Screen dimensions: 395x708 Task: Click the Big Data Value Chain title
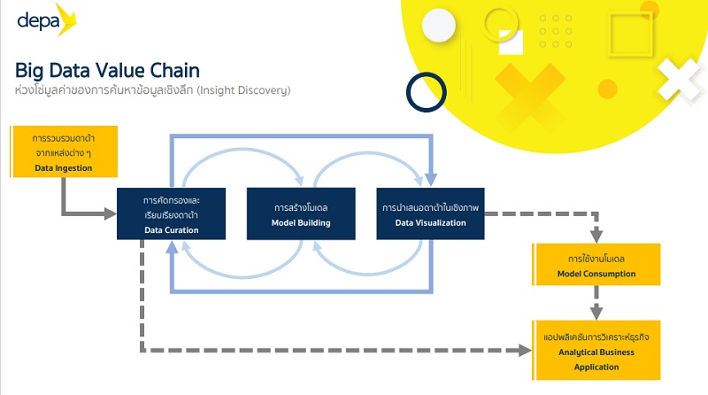coord(107,71)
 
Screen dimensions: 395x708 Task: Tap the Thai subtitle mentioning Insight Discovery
coord(152,90)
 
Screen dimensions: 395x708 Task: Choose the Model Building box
coord(301,213)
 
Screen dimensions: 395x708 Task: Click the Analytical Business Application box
coord(596,352)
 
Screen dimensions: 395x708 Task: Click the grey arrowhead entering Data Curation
coord(112,213)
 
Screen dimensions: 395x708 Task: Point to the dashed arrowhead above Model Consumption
coord(596,236)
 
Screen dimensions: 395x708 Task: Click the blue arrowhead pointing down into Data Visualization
coord(431,180)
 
